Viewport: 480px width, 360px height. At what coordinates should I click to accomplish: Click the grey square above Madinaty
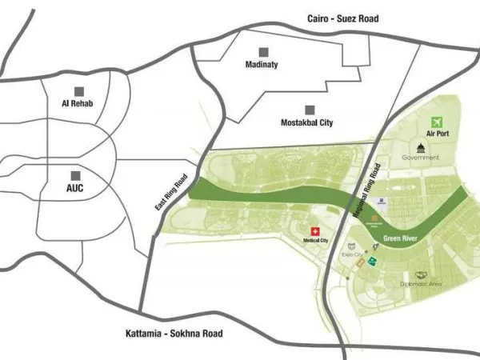click(262, 50)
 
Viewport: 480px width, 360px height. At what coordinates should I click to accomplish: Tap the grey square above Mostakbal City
click(309, 109)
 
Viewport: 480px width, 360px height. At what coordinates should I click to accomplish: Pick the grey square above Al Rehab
click(78, 90)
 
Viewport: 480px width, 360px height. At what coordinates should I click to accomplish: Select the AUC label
click(74, 189)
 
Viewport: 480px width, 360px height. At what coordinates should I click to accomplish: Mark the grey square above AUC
click(76, 175)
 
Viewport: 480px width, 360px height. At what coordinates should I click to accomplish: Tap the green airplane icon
click(437, 122)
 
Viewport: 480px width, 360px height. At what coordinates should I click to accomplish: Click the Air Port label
click(438, 134)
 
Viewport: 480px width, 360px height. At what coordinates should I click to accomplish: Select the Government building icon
click(421, 146)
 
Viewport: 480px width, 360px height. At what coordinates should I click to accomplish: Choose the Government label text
click(421, 158)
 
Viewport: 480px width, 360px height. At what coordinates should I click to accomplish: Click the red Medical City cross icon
click(314, 230)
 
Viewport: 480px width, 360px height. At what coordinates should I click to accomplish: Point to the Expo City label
click(353, 254)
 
